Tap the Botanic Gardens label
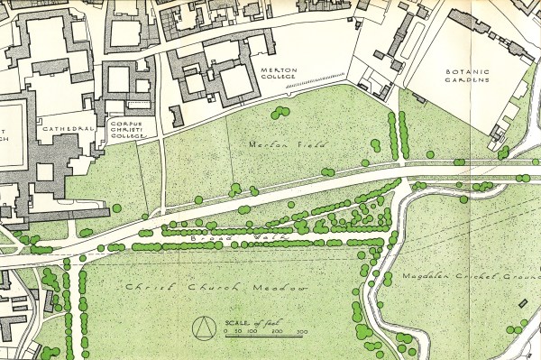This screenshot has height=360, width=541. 466,75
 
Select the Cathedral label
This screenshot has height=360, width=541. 68,129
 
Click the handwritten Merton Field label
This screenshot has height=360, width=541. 274,143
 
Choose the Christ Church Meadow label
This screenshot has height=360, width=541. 216,287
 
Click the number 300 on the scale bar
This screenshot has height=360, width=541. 300,333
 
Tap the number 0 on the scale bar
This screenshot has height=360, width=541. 225,333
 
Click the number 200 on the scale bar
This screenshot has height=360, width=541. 277,333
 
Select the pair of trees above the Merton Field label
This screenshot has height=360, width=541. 280,112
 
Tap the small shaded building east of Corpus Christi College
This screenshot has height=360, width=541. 176,115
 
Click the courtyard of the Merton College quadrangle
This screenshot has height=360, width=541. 234,82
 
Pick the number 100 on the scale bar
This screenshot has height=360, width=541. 252,333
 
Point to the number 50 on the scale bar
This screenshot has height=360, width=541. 237,333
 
